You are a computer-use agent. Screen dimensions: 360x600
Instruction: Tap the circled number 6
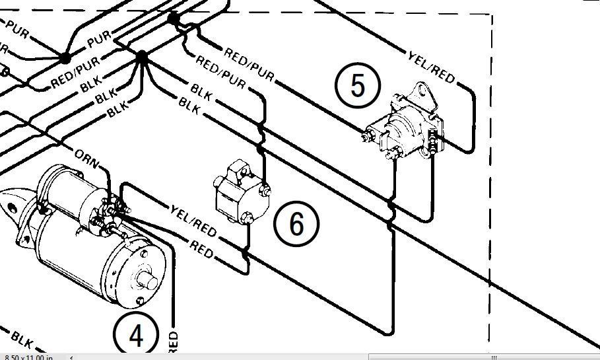(x=296, y=223)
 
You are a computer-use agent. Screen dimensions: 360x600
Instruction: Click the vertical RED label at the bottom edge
(x=173, y=344)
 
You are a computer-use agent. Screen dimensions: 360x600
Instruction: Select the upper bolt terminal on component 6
(x=265, y=192)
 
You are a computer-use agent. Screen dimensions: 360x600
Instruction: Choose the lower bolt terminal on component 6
(x=248, y=217)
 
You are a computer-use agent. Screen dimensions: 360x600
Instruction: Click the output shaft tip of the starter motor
(x=151, y=282)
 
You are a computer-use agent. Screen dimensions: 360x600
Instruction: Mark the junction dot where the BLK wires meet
(x=142, y=58)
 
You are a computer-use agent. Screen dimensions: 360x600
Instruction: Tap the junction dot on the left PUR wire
(x=65, y=59)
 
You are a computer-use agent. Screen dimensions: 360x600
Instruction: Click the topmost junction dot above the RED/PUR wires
(x=174, y=18)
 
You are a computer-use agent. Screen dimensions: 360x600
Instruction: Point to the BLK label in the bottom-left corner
(x=22, y=341)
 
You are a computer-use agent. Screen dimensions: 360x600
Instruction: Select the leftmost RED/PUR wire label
(x=75, y=71)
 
